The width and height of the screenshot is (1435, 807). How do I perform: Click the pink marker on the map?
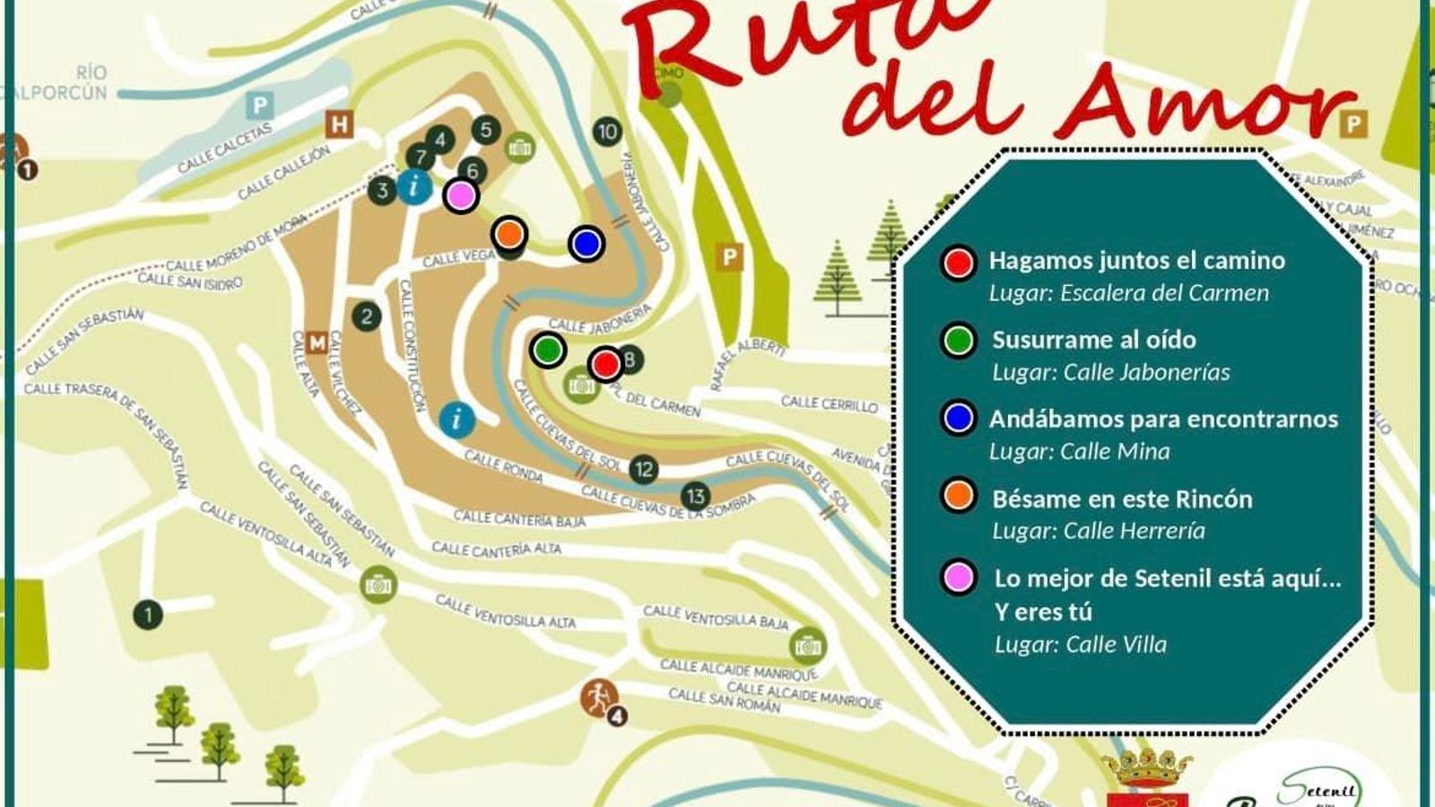tap(461, 195)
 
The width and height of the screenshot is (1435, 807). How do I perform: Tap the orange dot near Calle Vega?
tap(509, 234)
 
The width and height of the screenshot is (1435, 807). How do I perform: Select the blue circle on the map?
tap(587, 243)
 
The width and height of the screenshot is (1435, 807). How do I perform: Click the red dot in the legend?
tap(959, 263)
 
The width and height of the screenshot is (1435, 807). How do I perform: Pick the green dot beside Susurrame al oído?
tap(959, 341)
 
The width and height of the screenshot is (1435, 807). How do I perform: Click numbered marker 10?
tap(608, 132)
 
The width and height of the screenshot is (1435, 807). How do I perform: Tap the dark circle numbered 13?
tap(695, 495)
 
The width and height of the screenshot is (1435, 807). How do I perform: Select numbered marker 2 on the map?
tap(366, 316)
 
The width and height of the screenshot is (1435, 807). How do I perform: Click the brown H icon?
tap(339, 124)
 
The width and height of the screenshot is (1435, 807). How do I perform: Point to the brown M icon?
tap(317, 343)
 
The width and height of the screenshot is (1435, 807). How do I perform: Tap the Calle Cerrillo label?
tap(830, 403)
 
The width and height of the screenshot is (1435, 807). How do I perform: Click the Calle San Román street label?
tap(725, 700)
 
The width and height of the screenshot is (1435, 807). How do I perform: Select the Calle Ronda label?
tap(503, 465)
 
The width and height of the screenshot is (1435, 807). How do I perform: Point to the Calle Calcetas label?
tap(224, 149)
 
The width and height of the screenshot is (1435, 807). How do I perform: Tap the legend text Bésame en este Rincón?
tap(1122, 499)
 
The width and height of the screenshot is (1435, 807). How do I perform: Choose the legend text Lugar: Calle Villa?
tap(1081, 644)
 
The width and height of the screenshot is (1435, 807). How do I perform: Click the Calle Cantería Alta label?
tap(496, 549)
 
